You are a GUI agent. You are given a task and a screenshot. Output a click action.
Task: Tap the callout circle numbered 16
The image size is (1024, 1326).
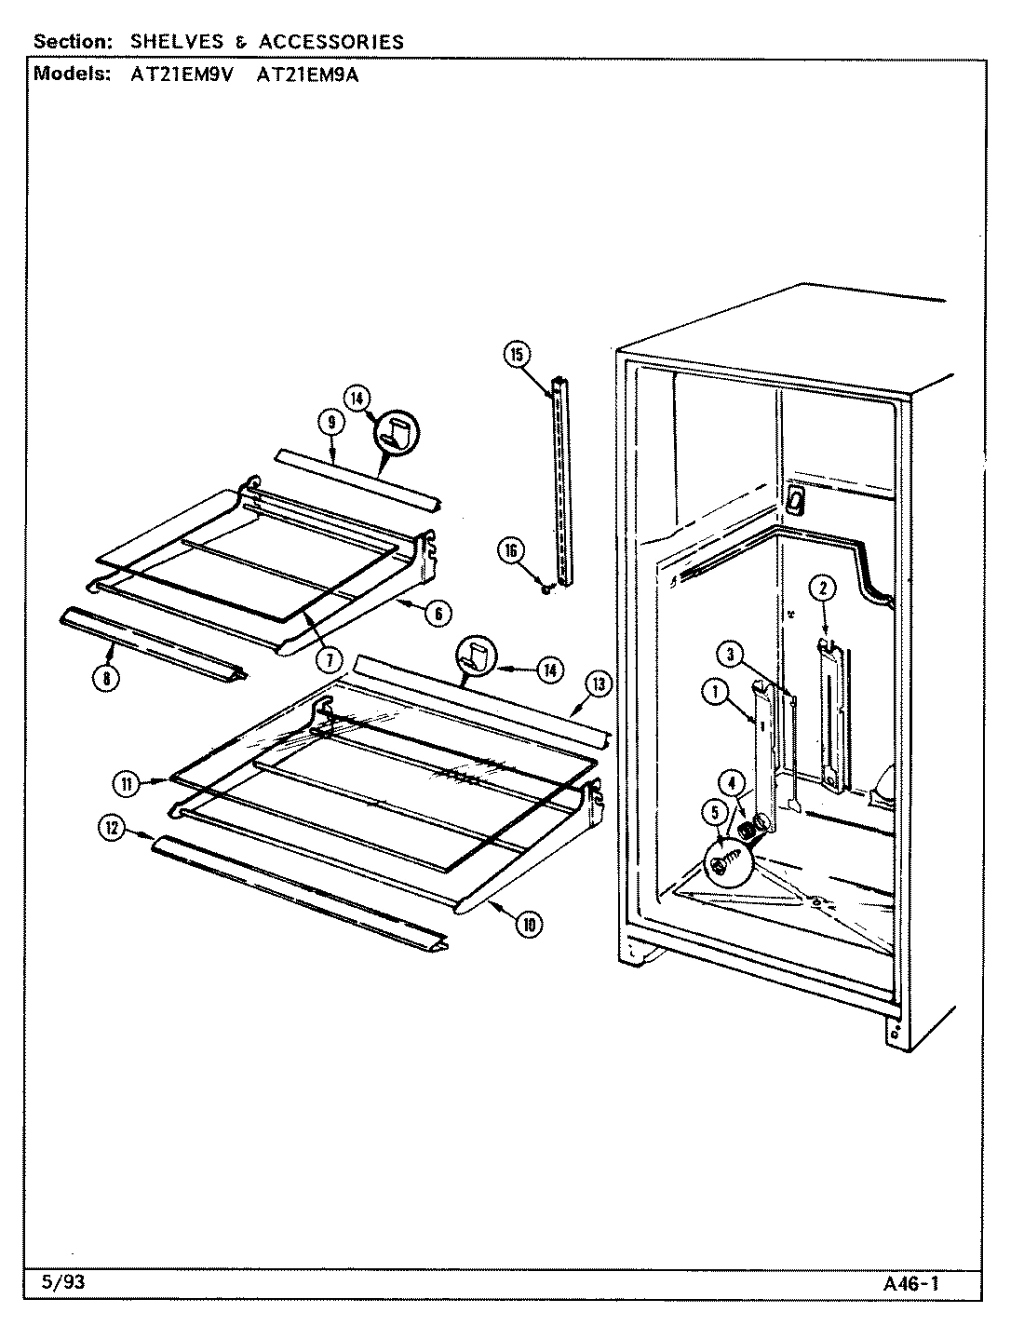pos(511,549)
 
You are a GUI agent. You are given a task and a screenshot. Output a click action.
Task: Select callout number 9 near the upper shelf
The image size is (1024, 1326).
pos(331,422)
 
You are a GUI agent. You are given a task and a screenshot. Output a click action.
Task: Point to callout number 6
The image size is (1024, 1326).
pos(438,612)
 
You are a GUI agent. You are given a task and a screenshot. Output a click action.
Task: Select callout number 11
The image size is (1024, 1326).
pos(125,784)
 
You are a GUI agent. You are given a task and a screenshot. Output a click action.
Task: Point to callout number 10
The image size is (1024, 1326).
pos(529,924)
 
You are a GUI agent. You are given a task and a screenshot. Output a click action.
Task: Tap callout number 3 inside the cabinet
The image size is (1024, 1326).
pos(732,655)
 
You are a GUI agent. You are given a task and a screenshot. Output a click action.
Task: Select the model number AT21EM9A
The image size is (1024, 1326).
pos(306,75)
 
